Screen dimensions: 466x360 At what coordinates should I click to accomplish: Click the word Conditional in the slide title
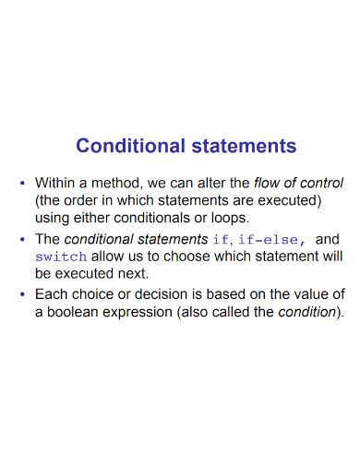click(129, 146)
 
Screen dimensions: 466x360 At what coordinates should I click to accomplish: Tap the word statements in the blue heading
click(243, 146)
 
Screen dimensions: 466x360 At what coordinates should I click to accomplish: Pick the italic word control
click(321, 183)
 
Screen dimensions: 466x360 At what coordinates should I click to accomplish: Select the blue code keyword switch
click(61, 257)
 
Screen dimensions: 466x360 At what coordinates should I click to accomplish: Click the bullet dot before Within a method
click(22, 183)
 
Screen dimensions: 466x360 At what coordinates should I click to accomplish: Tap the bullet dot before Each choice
click(22, 294)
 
